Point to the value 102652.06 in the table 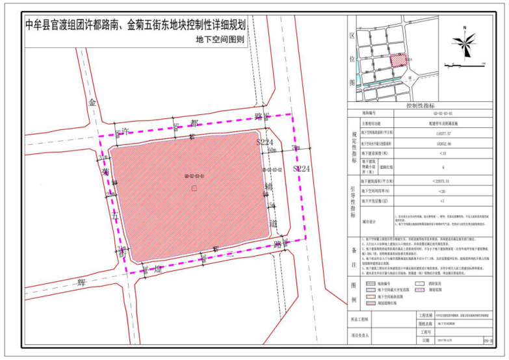442,144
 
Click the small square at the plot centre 194,188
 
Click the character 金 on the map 92,103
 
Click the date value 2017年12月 444,339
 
